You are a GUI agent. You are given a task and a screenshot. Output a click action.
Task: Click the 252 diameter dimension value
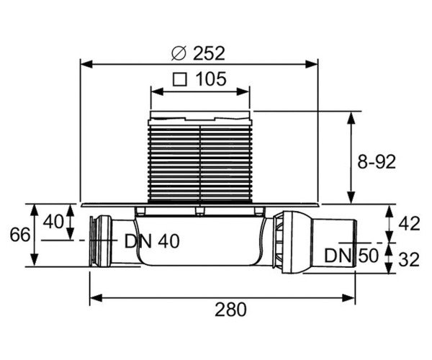click(209, 53)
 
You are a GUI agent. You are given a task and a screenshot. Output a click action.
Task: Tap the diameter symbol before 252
click(180, 53)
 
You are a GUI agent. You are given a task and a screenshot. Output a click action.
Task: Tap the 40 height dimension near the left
click(53, 222)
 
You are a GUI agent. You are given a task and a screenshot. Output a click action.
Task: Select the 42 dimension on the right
click(408, 224)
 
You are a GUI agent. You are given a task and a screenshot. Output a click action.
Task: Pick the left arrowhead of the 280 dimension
click(93, 295)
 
